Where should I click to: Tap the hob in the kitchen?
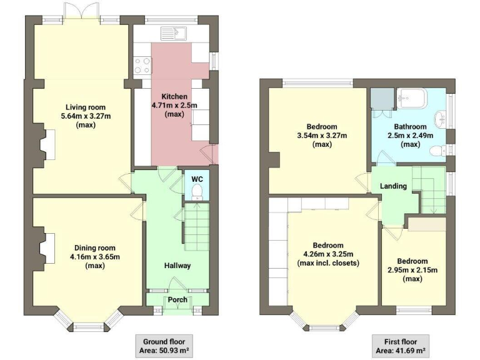(x=142, y=64)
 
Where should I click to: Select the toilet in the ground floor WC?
(x=197, y=190)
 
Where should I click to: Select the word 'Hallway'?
(x=177, y=266)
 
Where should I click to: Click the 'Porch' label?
(x=177, y=299)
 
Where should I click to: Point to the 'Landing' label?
(x=394, y=186)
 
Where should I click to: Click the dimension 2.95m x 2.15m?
(x=412, y=270)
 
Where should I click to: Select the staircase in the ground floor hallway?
(x=194, y=226)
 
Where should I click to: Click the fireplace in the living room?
(x=45, y=143)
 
